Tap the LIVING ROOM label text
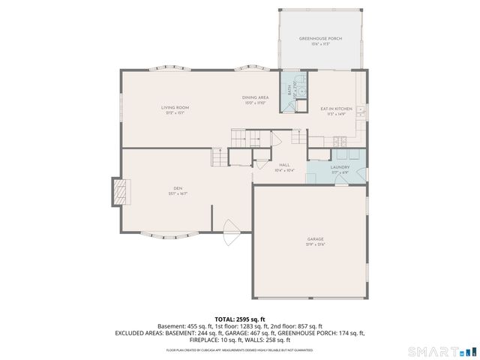tap(172, 107)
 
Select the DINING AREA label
tap(255, 97)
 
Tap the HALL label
tap(284, 164)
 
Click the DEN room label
tap(178, 187)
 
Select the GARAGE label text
tap(314, 239)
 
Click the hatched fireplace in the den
tap(119, 192)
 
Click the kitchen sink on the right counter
tap(361, 112)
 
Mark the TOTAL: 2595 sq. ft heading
tap(240, 319)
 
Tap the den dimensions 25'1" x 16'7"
tap(178, 193)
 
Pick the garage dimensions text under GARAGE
tap(314, 245)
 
